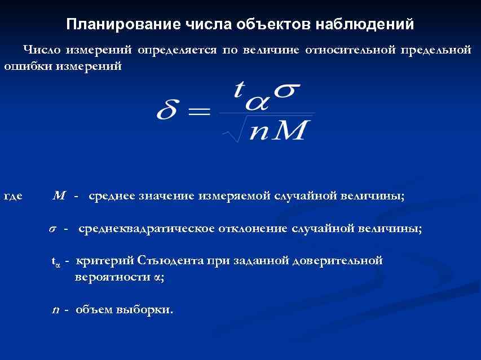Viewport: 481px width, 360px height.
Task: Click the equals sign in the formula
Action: (198, 111)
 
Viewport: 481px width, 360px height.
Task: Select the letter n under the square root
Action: (260, 133)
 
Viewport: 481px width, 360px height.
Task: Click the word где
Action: (13, 197)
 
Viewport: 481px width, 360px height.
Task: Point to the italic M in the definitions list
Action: (59, 196)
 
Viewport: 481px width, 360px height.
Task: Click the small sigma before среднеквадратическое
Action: (52, 229)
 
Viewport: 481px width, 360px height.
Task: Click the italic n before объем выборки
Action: (55, 310)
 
